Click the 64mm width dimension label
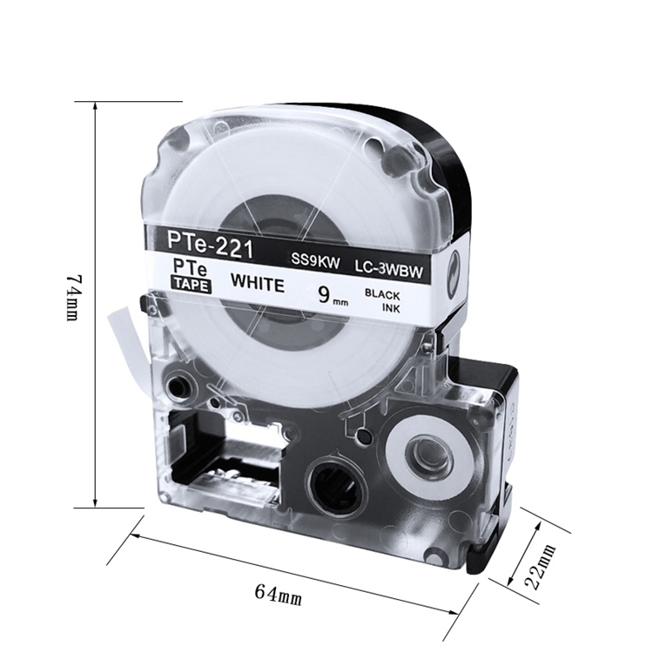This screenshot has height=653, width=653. click(x=279, y=595)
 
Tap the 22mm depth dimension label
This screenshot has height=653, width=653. click(x=540, y=566)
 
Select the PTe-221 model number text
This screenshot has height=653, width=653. click(x=211, y=244)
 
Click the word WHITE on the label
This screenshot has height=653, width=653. click(x=258, y=283)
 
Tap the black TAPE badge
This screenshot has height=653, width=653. click(x=192, y=285)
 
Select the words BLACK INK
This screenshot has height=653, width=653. click(x=382, y=300)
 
